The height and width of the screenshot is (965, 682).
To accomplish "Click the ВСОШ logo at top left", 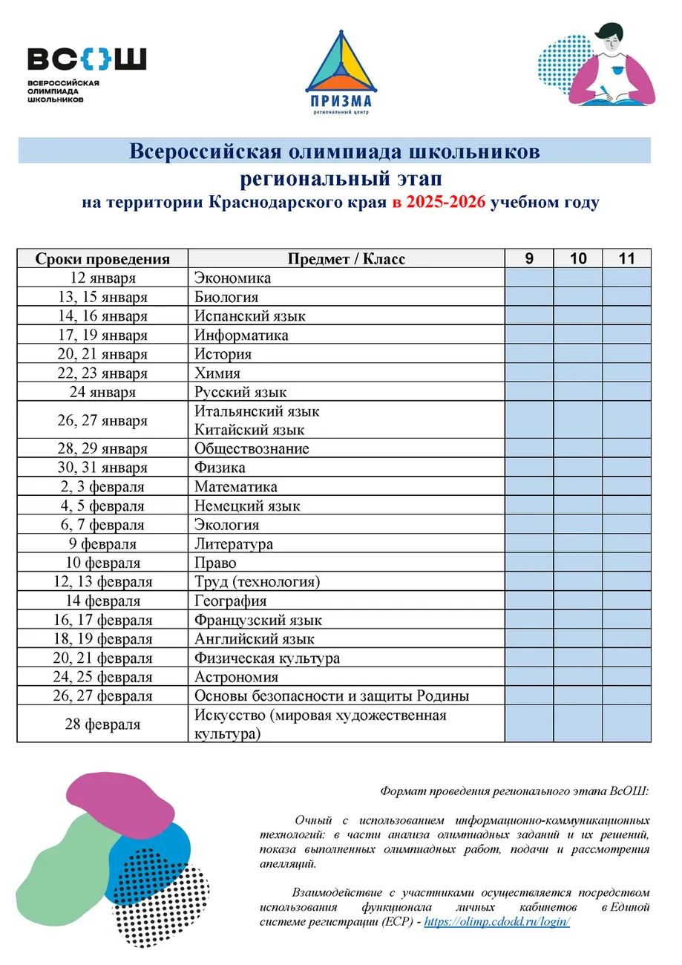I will click(x=86, y=72).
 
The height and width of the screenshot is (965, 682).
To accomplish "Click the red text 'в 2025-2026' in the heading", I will click(x=441, y=203).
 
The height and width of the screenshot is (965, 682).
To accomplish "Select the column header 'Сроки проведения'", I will click(x=102, y=259).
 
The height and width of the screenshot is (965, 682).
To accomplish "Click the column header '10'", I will click(x=578, y=259).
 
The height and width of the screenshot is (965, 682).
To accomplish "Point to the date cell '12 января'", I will click(x=102, y=278).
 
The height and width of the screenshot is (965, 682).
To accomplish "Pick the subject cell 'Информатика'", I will click(x=241, y=336).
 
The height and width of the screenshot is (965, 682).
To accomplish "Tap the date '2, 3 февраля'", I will click(x=102, y=487).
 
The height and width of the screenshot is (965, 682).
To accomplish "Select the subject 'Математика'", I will click(x=236, y=487).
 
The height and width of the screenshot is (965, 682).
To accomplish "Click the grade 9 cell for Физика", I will click(x=529, y=468).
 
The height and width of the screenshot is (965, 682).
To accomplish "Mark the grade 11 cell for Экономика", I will click(x=626, y=278).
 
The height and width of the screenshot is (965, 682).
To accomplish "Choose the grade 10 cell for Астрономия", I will click(x=578, y=677).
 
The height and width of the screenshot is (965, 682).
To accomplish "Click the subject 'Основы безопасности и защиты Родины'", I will click(x=332, y=696).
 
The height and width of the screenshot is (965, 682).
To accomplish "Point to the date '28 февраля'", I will click(x=102, y=724).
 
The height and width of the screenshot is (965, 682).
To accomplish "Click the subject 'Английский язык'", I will click(x=255, y=639).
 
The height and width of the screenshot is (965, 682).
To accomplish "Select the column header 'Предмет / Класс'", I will click(x=347, y=259).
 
